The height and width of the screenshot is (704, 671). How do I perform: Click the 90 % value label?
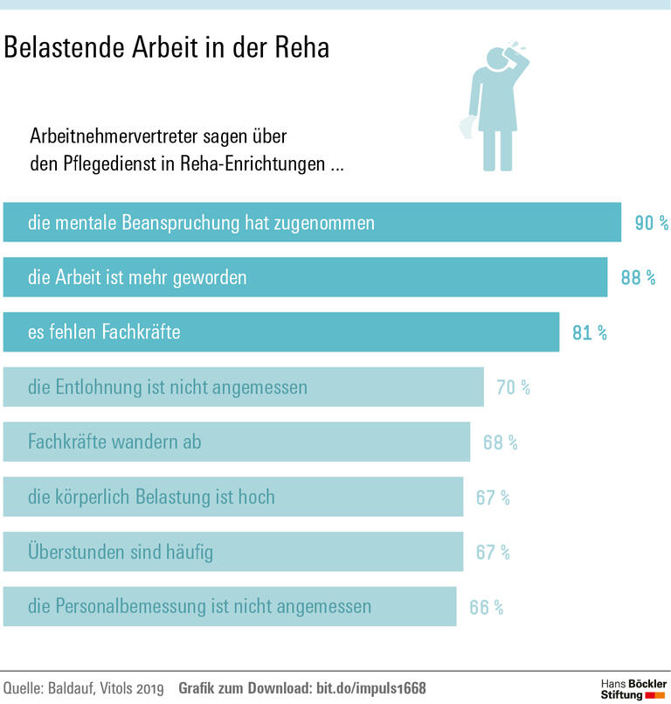coord(651,224)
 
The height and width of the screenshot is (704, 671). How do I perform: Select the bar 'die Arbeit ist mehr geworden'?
coord(305,278)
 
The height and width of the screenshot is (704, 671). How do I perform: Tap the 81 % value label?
coord(589,333)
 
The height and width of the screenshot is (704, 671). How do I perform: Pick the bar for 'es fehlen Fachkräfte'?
coord(280,332)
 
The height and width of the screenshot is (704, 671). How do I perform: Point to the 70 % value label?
coord(514,387)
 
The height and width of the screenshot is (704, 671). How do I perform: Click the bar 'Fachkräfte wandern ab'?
coord(236,443)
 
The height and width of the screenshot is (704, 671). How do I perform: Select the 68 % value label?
coord(500,443)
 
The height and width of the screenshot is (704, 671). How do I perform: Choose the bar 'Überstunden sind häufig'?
coord(232,552)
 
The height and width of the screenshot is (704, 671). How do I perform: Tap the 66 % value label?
coord(486,607)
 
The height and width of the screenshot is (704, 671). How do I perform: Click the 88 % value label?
coord(637,278)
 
